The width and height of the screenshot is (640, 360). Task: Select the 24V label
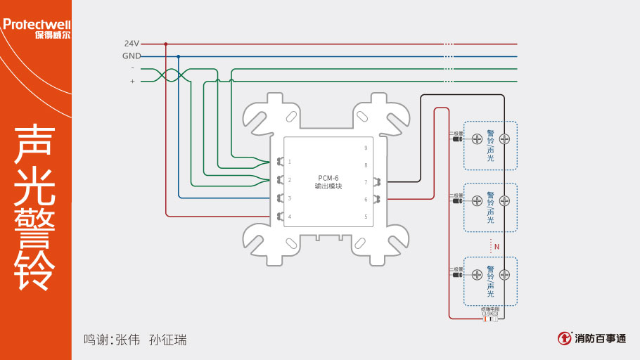coord(132,44)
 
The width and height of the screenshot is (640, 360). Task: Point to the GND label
coord(132,56)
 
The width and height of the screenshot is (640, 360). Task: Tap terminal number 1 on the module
coord(290,162)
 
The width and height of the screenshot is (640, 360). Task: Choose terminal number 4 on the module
coord(290,217)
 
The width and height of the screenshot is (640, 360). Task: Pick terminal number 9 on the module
coord(366,148)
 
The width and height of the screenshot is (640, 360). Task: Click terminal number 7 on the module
coord(366,182)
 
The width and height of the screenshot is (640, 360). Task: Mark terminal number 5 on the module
coord(366,217)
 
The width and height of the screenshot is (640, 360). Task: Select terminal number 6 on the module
coord(366,200)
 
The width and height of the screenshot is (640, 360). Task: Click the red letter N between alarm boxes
coord(497,247)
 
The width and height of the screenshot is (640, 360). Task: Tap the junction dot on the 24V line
coord(166,44)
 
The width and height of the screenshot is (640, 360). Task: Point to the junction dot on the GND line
coord(179,56)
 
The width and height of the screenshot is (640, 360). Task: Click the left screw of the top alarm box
coord(477,139)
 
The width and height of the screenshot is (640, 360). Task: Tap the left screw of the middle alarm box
coord(477,200)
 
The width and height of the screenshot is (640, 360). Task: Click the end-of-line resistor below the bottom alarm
coord(490,319)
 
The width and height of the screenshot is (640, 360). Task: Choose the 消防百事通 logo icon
coord(565,338)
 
